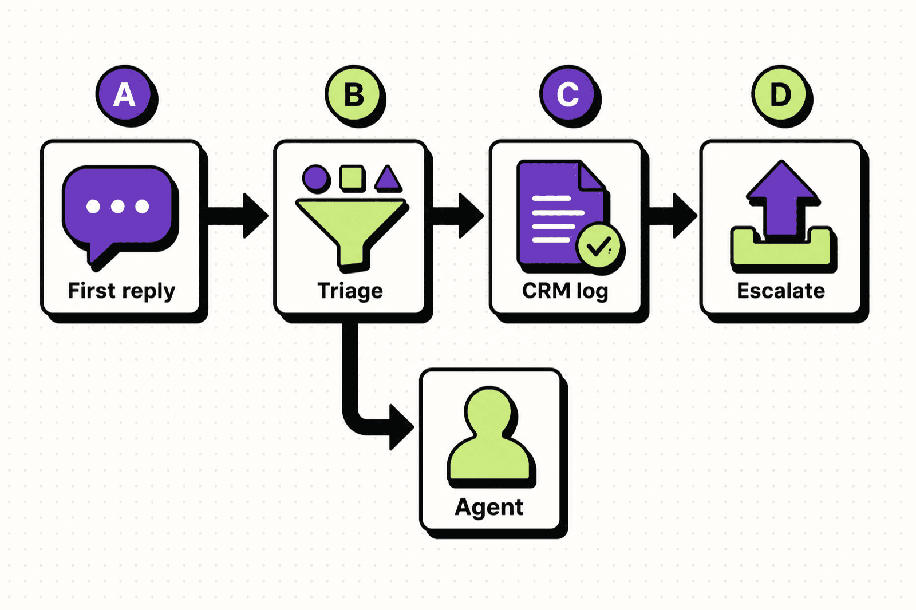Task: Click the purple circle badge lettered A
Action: click(x=124, y=94)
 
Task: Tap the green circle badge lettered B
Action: click(x=354, y=94)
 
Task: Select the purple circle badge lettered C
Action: click(x=568, y=94)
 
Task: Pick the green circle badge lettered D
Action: click(x=781, y=94)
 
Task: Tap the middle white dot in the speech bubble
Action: click(x=118, y=207)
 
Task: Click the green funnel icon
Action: click(x=351, y=232)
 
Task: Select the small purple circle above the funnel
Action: click(x=315, y=177)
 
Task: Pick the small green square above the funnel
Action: click(x=352, y=177)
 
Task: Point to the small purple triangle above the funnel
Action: click(x=388, y=179)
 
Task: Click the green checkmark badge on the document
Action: click(x=598, y=245)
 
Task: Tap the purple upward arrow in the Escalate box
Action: click(x=781, y=197)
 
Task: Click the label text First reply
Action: click(x=121, y=291)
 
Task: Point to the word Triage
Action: click(x=350, y=291)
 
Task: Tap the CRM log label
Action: click(x=565, y=291)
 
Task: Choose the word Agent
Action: click(x=489, y=507)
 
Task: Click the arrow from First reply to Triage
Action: click(x=238, y=216)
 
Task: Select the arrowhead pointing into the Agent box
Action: click(x=401, y=427)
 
